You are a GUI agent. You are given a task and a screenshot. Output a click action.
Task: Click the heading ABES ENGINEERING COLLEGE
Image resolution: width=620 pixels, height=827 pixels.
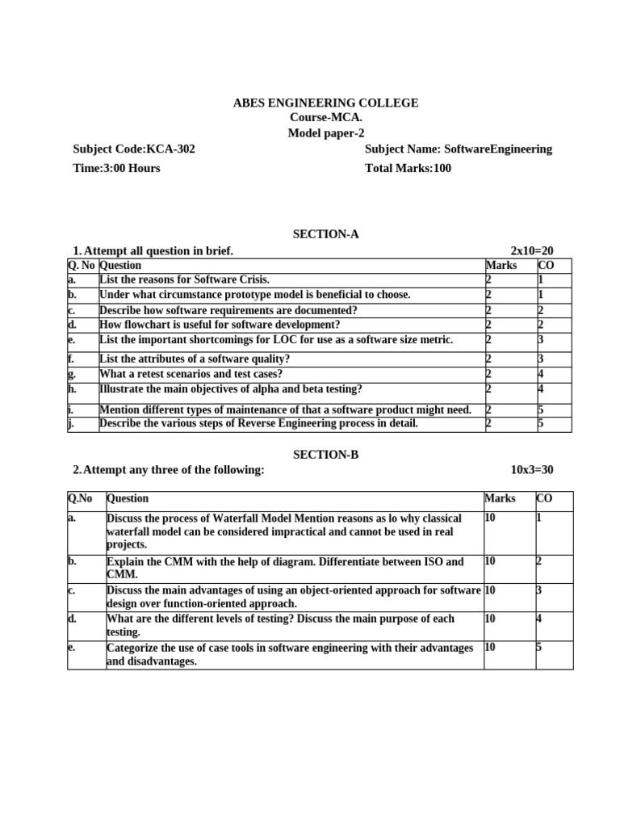[x=325, y=103]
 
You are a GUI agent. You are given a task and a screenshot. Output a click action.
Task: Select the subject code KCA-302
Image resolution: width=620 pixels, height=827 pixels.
[x=134, y=149]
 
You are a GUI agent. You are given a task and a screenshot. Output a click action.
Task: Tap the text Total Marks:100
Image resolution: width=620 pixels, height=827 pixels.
[x=408, y=168]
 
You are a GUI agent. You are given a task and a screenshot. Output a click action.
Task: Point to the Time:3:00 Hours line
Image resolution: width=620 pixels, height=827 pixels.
[x=116, y=168]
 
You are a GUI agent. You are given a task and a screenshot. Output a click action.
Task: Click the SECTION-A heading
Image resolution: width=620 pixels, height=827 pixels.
[x=325, y=234]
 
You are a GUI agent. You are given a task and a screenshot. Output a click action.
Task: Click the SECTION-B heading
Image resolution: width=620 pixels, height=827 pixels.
[x=325, y=455]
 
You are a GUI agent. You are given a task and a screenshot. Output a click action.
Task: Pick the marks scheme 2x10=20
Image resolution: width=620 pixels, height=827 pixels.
[x=532, y=251]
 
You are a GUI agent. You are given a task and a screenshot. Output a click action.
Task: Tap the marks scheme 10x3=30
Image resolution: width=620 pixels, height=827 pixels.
[x=532, y=470]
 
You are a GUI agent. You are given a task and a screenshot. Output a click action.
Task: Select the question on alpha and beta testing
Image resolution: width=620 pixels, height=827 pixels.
[x=231, y=388]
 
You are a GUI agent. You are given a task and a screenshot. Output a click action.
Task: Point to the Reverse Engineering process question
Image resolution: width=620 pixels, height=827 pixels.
[x=258, y=423]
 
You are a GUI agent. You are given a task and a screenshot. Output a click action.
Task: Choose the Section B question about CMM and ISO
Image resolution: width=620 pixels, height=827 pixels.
[x=285, y=568]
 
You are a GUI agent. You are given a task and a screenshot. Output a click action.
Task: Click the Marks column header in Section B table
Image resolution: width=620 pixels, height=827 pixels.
[x=500, y=498]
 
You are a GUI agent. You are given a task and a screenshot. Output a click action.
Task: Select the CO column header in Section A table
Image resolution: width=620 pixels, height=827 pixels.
[x=545, y=265]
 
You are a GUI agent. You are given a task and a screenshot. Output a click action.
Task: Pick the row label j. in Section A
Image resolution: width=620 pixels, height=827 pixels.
[x=71, y=423]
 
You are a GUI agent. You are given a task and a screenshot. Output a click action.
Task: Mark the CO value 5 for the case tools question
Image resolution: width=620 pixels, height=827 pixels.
[x=540, y=648]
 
